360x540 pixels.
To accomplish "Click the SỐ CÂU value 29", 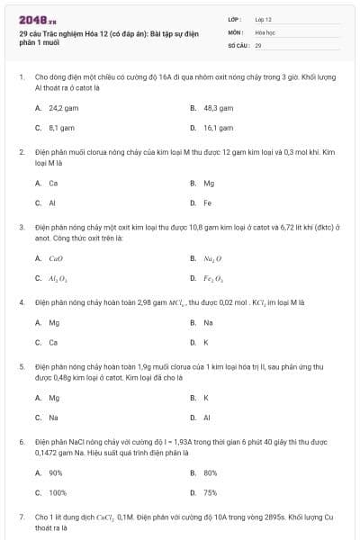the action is pyautogui.click(x=258, y=44).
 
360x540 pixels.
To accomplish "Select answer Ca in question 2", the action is pyautogui.click(x=53, y=183).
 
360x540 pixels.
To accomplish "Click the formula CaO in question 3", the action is pyautogui.click(x=55, y=258).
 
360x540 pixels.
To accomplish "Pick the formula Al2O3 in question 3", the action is pyautogui.click(x=58, y=279).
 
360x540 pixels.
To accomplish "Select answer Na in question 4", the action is pyautogui.click(x=208, y=321).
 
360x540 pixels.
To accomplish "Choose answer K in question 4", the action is pyautogui.click(x=206, y=342).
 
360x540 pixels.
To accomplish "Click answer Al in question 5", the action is pyautogui.click(x=206, y=418).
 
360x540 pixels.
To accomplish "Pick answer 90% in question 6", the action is pyautogui.click(x=56, y=472).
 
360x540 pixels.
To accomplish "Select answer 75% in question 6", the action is pyautogui.click(x=211, y=493).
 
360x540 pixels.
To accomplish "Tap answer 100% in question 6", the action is pyautogui.click(x=58, y=493).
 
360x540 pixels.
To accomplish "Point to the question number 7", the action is pyautogui.click(x=21, y=517).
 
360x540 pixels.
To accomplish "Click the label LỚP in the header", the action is pyautogui.click(x=235, y=19).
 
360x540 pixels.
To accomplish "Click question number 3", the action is pyautogui.click(x=21, y=228).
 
